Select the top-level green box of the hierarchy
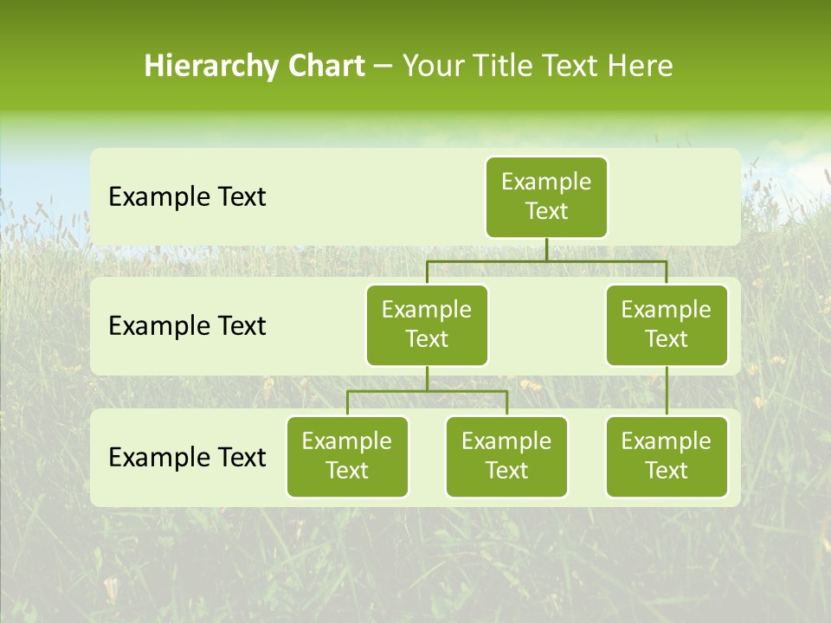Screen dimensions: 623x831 coord(546,196)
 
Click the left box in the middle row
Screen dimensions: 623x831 coord(427,324)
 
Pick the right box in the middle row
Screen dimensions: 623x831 coord(667,324)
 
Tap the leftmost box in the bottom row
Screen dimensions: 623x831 coord(347,456)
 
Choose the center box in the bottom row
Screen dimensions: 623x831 coord(506,456)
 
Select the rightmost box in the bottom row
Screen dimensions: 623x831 coord(667,456)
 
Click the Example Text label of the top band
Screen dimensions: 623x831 coord(187,197)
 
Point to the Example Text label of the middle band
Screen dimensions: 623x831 coord(187,326)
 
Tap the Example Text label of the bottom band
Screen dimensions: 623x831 coord(187,457)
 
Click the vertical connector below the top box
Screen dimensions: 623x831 coord(546,249)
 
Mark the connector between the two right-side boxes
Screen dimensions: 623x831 coord(667,391)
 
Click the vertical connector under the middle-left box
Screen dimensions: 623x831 coord(427,379)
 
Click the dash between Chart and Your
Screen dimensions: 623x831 coord(383,67)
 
